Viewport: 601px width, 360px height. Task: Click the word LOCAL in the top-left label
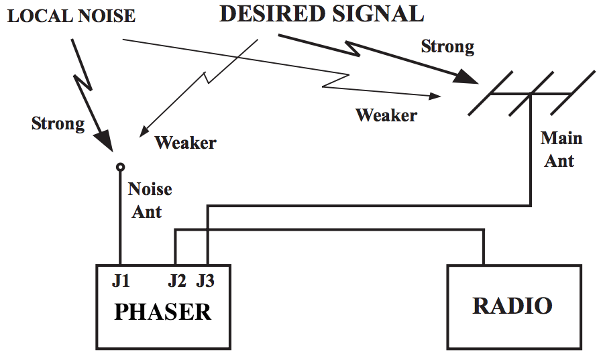[34, 16]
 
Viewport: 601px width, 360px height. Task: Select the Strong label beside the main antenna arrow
[447, 47]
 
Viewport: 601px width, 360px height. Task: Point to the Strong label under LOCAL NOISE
[58, 123]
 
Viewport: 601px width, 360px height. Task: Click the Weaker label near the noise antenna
[186, 143]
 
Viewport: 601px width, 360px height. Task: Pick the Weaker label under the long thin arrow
[386, 115]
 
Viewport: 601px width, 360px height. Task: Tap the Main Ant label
[561, 149]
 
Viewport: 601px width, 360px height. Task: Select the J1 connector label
[121, 282]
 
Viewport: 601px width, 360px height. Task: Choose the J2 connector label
[176, 282]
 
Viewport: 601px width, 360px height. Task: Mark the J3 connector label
[205, 282]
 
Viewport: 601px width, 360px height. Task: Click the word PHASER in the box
[163, 312]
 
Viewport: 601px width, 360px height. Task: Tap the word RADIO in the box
[512, 306]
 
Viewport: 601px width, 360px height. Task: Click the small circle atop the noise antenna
[120, 167]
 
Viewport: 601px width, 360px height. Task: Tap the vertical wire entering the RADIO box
[483, 248]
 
